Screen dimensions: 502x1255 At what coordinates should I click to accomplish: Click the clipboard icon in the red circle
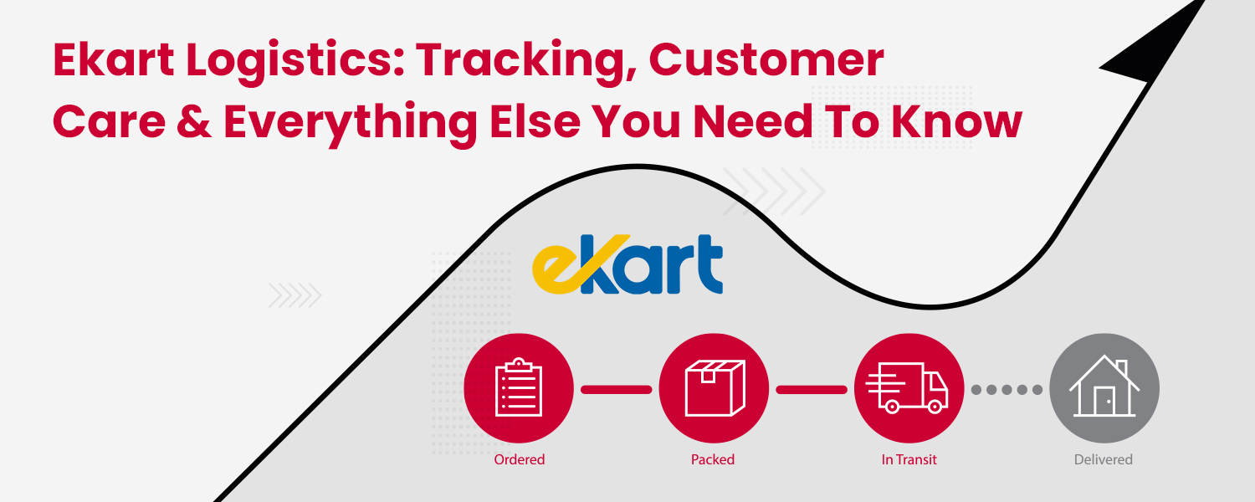[519, 387]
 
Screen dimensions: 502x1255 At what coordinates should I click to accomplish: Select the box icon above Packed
[714, 387]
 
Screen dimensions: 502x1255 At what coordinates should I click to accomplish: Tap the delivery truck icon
[909, 387]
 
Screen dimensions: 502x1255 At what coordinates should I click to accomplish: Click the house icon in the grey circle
[1104, 387]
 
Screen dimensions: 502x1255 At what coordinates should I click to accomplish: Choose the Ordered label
[519, 459]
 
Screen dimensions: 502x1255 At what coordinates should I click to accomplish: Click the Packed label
[713, 459]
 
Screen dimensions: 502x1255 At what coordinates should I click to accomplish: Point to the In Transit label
[909, 459]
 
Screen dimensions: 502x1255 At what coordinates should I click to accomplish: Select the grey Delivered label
[1104, 459]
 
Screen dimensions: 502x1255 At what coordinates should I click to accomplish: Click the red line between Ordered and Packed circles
[616, 389]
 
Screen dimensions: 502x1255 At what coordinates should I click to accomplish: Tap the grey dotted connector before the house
[1007, 389]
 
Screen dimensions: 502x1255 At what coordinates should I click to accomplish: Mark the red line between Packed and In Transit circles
[812, 389]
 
